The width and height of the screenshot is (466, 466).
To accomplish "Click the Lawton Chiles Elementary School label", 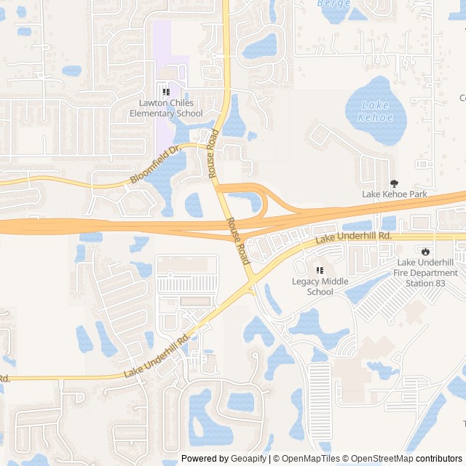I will pos(166,108).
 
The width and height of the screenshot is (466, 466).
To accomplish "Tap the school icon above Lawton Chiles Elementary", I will pos(166,92).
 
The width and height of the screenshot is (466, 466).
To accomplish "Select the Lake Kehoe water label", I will pos(376,111).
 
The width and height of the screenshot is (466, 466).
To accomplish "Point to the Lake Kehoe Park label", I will pos(395,194).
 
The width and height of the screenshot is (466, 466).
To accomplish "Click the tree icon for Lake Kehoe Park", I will pos(395,183).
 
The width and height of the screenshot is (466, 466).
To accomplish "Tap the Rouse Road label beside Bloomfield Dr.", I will pos(213,154).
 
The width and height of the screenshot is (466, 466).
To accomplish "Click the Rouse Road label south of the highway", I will pos(237,240).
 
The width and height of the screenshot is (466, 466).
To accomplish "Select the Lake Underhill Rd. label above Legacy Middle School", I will pos(353,237).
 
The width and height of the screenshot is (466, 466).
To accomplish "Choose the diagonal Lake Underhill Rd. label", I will pos(156,355).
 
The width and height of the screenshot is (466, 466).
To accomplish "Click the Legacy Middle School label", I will pos(320,286).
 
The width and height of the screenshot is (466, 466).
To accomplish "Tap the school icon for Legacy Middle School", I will pos(320,270).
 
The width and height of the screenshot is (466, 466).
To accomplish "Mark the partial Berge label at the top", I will pos(334,4).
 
